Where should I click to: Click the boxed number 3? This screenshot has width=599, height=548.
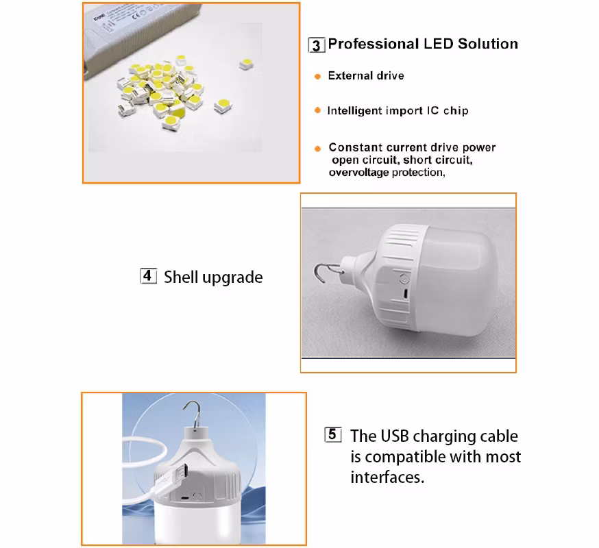pos(317,45)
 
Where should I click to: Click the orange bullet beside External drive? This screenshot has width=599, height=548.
pos(317,77)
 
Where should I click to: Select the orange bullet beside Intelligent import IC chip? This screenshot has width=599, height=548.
pos(317,111)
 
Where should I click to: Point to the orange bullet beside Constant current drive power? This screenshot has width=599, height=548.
pos(317,149)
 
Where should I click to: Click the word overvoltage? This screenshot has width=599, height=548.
pos(358,173)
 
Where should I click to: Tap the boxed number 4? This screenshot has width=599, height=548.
pos(148,276)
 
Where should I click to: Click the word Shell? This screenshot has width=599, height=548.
pos(181,277)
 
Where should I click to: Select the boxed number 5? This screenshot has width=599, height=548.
pos(332,434)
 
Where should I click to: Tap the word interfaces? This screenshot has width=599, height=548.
pos(387,477)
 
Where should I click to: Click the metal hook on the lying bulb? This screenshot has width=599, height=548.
pos(325,272)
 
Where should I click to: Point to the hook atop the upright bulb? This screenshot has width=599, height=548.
pos(193,414)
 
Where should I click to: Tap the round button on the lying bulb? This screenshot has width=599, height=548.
pos(404,279)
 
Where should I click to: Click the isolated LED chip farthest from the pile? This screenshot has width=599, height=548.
pos(246,64)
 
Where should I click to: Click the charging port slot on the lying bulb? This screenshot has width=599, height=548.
pos(405,294)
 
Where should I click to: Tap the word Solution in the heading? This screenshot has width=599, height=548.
pos(488,44)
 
